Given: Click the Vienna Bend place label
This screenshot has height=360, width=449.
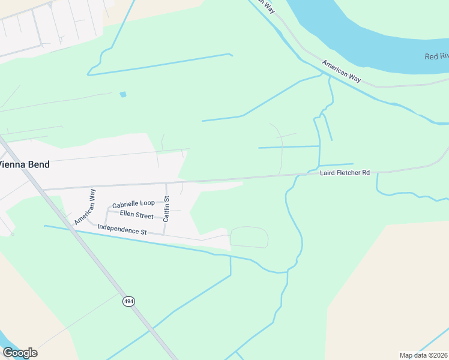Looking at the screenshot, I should pyautogui.click(x=25, y=164).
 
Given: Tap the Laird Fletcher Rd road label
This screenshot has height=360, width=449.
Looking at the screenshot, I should pyautogui.click(x=345, y=173).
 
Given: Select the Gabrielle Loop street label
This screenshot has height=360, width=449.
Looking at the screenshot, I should pyautogui.click(x=133, y=204).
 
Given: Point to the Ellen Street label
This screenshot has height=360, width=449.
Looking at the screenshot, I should pyautogui.click(x=137, y=214).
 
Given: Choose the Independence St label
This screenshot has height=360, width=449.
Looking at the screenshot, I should pyautogui.click(x=122, y=230).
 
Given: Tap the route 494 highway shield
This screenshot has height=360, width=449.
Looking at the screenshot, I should pyautogui.click(x=128, y=301).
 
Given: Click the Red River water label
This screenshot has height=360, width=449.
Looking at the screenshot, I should pyautogui.click(x=436, y=56).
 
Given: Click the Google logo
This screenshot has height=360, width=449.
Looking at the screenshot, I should pyautogui.click(x=20, y=352).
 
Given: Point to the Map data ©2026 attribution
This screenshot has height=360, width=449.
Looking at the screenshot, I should pyautogui.click(x=423, y=355).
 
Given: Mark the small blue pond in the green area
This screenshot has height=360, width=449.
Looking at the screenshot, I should pyautogui.click(x=123, y=94).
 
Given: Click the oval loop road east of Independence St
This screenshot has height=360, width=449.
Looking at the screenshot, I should pyautogui.click(x=249, y=237).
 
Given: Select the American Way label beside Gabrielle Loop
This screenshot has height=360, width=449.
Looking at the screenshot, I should pyautogui.click(x=85, y=207).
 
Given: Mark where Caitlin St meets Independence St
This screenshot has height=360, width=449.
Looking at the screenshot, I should pyautogui.click(x=164, y=234).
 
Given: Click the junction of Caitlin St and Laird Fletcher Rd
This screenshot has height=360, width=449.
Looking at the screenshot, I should pyautogui.click(x=166, y=184).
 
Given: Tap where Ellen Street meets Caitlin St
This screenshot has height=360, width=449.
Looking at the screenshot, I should pyautogui.click(x=165, y=218).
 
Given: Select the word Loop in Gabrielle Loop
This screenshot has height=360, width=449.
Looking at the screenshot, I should pyautogui.click(x=147, y=204).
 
